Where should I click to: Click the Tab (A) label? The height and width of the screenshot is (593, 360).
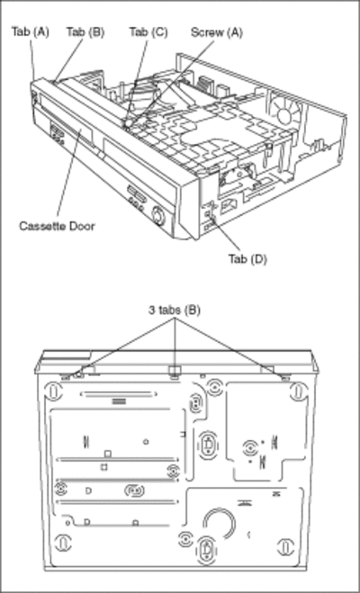[31, 31]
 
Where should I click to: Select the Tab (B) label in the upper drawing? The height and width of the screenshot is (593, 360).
[85, 31]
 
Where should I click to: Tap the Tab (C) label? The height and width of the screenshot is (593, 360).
[148, 31]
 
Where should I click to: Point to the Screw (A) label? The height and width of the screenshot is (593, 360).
[217, 32]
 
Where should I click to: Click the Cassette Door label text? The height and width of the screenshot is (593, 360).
[57, 226]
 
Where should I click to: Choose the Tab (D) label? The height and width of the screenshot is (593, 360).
[247, 259]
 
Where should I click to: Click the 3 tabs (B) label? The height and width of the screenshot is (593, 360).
[175, 310]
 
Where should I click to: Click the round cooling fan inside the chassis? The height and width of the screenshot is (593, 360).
[287, 111]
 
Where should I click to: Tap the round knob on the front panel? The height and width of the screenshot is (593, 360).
[158, 216]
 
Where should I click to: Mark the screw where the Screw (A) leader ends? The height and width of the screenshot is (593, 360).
[128, 123]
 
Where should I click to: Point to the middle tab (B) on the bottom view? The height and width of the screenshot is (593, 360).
[175, 371]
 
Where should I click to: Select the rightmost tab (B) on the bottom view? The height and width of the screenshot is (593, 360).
[285, 377]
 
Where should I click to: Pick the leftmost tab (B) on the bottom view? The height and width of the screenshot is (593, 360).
[66, 376]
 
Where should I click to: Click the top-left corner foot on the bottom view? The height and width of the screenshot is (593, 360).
[54, 391]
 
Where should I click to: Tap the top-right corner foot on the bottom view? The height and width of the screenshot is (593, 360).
[298, 391]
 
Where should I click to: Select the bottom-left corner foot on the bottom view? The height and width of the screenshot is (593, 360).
[63, 544]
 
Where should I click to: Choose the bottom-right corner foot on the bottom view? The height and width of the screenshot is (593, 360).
[286, 546]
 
